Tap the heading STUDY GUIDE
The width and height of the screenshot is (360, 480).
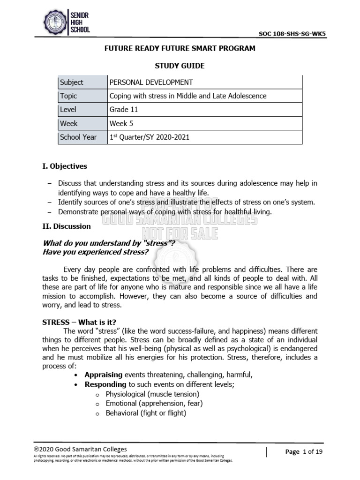click(180, 66)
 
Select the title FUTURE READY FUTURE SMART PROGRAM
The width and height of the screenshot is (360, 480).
click(180, 49)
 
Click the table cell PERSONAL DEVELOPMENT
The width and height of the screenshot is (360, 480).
click(151, 82)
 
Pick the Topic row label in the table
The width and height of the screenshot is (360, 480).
click(68, 96)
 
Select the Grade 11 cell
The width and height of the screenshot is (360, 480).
click(124, 110)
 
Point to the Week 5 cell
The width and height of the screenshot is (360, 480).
click(122, 123)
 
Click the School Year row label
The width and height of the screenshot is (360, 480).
click(78, 137)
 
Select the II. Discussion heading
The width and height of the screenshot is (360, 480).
click(67, 226)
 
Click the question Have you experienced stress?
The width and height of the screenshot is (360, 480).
click(96, 252)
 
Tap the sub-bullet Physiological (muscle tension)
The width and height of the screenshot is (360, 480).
click(152, 394)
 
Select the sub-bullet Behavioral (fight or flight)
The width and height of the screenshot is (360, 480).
click(146, 413)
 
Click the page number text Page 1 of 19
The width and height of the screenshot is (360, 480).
click(304, 452)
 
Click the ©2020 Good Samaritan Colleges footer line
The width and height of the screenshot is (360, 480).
click(80, 449)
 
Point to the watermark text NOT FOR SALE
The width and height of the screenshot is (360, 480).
click(180, 232)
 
